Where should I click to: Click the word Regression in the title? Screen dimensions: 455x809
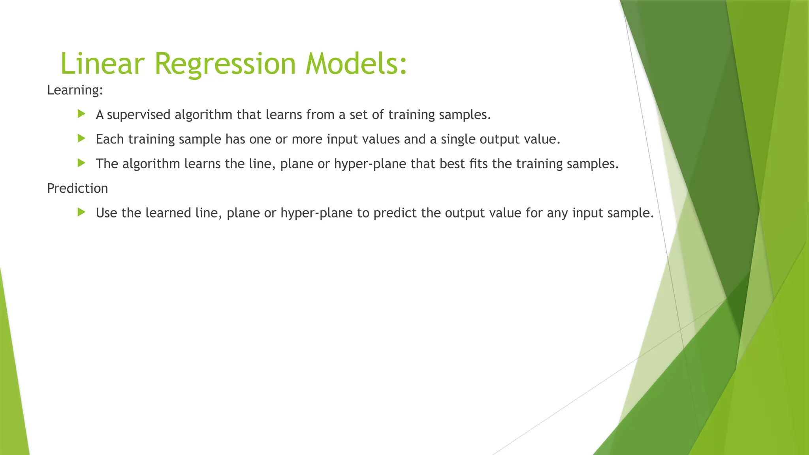tap(225, 64)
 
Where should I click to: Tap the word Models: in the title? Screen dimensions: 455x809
tap(356, 64)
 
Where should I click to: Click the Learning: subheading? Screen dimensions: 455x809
tap(75, 90)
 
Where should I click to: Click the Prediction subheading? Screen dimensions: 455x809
tap(77, 188)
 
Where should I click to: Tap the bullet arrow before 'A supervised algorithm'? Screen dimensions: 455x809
tap(82, 114)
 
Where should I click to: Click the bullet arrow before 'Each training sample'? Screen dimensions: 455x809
tap(82, 139)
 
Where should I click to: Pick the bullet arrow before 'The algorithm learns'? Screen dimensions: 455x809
tap(82, 163)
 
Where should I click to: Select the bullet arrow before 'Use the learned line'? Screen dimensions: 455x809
tap(82, 212)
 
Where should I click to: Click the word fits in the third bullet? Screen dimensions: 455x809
tap(479, 164)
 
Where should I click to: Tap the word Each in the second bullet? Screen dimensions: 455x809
tap(110, 139)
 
